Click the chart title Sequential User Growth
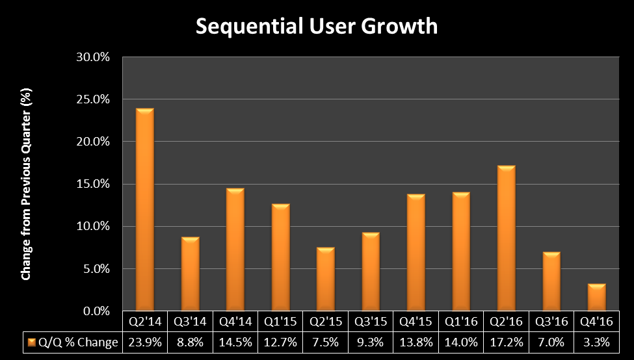[317, 27]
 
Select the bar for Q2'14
[145, 209]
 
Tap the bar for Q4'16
[596, 297]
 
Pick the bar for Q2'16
[506, 238]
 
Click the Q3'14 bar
[190, 274]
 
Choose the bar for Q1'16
[461, 251]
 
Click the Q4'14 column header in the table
[235, 322]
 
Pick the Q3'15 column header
[371, 322]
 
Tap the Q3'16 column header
[551, 322]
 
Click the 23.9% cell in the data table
[145, 342]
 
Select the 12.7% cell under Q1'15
[280, 342]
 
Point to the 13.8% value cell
[416, 342]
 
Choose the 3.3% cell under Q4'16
[596, 342]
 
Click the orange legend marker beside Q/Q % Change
[31, 342]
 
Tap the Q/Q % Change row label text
[78, 342]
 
